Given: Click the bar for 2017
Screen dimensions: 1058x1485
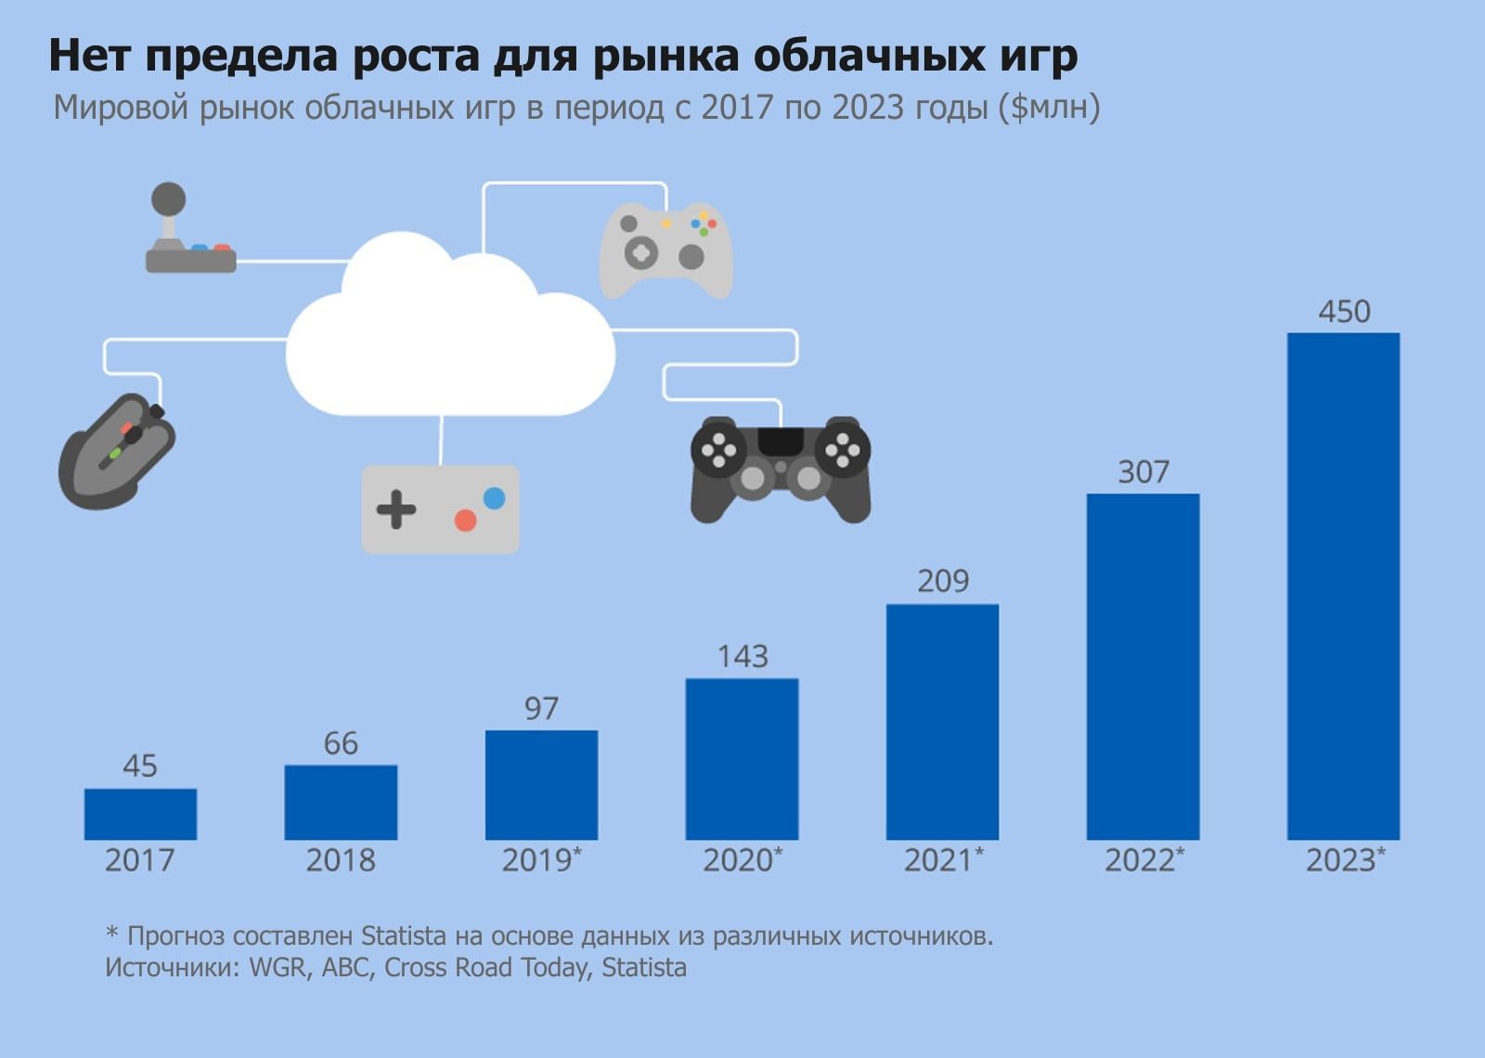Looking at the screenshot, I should (x=140, y=814).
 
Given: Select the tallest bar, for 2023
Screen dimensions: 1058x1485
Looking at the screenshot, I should (x=1343, y=586).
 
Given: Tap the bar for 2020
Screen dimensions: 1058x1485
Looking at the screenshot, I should (x=742, y=758).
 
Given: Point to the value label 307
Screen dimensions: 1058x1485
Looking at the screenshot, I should (x=1143, y=472).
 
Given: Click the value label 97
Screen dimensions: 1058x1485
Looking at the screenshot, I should (x=541, y=709).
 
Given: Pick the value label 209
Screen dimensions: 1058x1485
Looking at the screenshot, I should (x=942, y=581).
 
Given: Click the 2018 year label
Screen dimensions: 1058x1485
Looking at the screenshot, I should (x=341, y=860).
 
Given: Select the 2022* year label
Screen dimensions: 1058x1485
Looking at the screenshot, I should (x=1143, y=860).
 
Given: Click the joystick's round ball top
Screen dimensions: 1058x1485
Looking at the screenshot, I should (x=168, y=199).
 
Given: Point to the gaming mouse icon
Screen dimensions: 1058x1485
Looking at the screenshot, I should (x=117, y=451).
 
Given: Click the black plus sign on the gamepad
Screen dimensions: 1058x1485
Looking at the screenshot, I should (x=396, y=509).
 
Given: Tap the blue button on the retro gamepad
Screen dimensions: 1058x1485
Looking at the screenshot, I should (x=495, y=498).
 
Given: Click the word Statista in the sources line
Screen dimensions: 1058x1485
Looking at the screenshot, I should (x=644, y=968).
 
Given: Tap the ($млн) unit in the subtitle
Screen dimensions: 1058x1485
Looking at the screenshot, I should (x=1050, y=108).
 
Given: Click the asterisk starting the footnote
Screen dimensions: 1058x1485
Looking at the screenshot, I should (x=112, y=934).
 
